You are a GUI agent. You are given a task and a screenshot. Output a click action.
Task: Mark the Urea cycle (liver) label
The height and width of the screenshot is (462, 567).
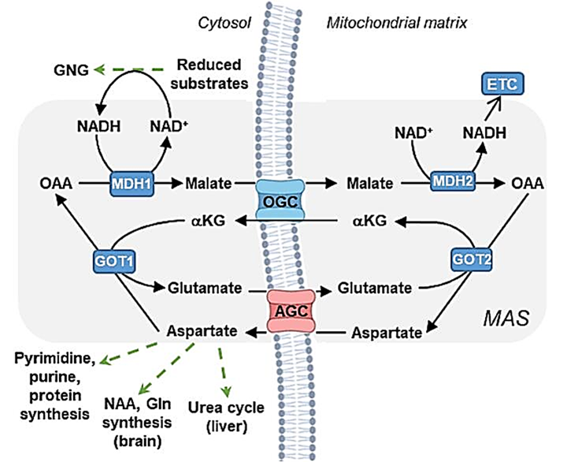click(225, 417)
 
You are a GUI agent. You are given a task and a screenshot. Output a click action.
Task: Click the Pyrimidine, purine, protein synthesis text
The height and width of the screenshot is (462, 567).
click(54, 386)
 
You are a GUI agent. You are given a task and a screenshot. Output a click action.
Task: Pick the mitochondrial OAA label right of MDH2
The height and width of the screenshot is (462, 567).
click(526, 184)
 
